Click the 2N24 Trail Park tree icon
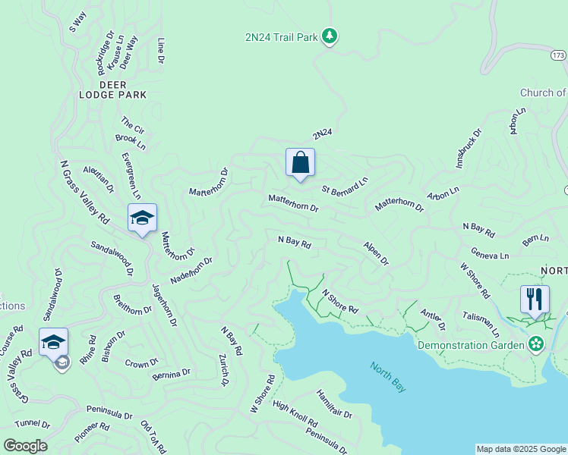pyautogui.click(x=329, y=36)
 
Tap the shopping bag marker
pyautogui.click(x=300, y=162)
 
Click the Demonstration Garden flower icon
pyautogui.click(x=537, y=345)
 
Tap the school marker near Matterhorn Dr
pyautogui.click(x=142, y=218)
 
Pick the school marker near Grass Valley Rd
pyautogui.click(x=53, y=343)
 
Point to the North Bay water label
pyautogui.click(x=388, y=377)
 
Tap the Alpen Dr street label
pyautogui.click(x=376, y=253)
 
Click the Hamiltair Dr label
pyautogui.click(x=334, y=403)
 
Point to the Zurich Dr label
pyautogui.click(x=224, y=370)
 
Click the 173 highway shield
pyautogui.click(x=558, y=55)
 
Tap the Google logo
pyautogui.click(x=25, y=446)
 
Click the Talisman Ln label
pyautogui.click(x=481, y=324)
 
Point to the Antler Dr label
pyautogui.click(x=432, y=320)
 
